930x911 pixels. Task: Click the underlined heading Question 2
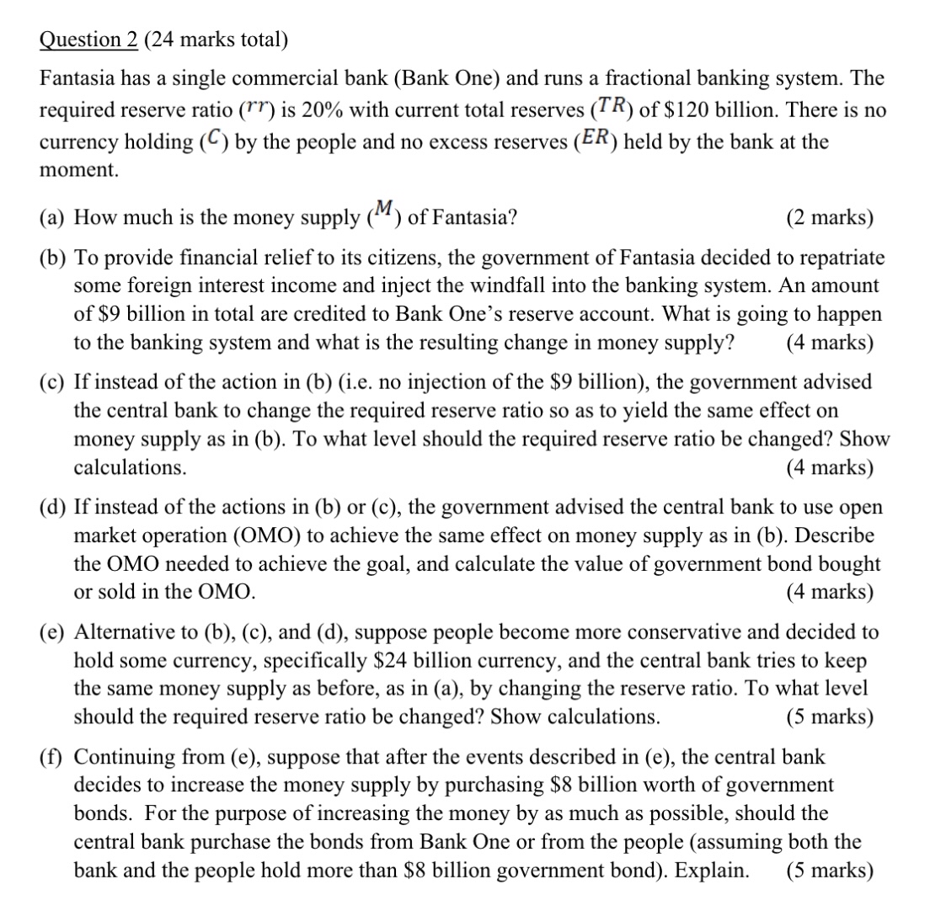point(81,40)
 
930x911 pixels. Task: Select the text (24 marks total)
point(207,40)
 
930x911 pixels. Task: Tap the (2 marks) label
point(830,218)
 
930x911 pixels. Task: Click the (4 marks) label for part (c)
point(830,467)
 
